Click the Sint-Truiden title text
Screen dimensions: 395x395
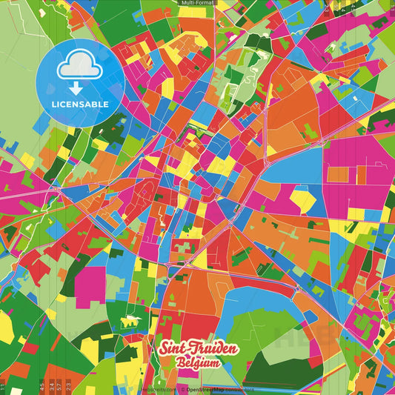[198, 349]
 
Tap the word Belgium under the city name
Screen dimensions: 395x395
[199, 362]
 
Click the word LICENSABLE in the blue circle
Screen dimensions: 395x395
[81, 104]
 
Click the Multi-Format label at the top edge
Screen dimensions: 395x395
[198, 3]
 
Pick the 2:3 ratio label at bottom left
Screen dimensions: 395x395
[69, 385]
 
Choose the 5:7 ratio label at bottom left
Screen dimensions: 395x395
[59, 385]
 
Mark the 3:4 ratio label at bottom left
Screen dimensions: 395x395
[50, 385]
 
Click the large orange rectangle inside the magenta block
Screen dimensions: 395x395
[338, 175]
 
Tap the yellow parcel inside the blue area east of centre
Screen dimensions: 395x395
[302, 199]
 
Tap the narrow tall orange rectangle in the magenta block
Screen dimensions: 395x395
[362, 175]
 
